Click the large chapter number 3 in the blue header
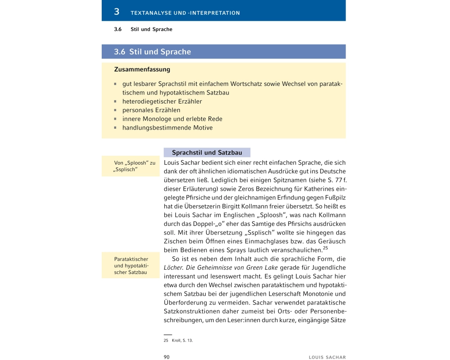(117, 12)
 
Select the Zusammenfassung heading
(142, 70)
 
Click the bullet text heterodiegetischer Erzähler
(162, 101)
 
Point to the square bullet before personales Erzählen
(116, 110)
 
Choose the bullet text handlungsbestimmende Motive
(167, 128)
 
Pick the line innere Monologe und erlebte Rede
(172, 119)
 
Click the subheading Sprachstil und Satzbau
(207, 153)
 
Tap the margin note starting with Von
(135, 166)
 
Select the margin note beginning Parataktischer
(131, 266)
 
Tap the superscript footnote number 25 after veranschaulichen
(326, 248)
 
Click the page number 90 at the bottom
(166, 357)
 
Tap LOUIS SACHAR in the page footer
(327, 357)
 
